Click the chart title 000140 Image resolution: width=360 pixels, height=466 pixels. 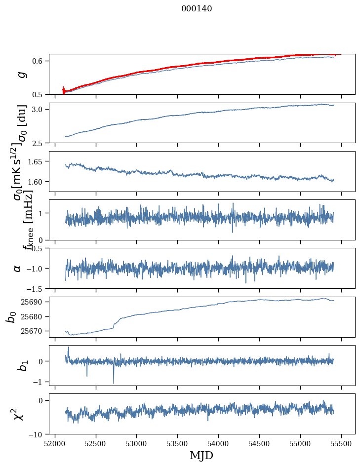[x=197, y=8]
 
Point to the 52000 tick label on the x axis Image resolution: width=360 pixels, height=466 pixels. [x=55, y=443]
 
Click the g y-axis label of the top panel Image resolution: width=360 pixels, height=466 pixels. [x=21, y=75]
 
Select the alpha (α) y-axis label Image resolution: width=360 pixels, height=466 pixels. [x=17, y=268]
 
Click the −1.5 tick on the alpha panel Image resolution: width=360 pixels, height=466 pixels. [x=36, y=288]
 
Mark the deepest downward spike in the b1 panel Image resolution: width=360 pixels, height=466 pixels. [x=114, y=383]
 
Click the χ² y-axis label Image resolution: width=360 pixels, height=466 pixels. [x=19, y=414]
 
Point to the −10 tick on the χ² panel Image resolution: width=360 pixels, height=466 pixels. [x=36, y=434]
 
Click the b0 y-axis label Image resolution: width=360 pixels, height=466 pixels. [x=11, y=316]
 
